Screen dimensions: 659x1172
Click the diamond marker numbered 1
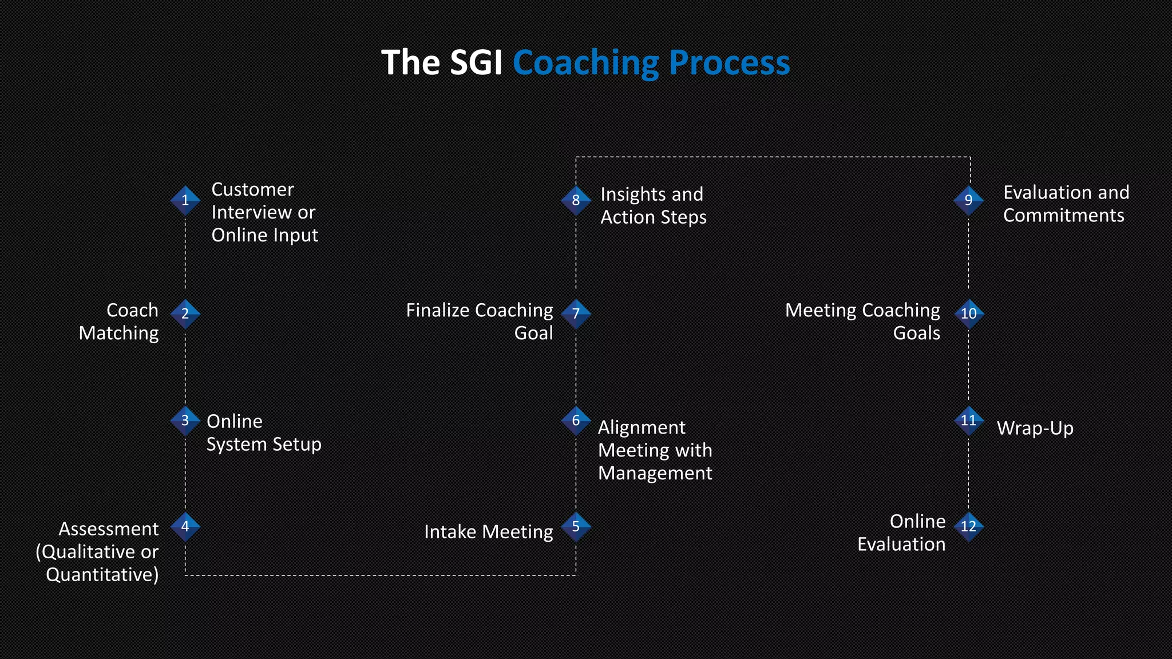pos(185,200)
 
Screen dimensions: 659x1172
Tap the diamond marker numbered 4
pos(185,526)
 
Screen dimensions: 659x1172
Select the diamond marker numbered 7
pos(576,313)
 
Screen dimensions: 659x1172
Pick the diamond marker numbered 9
pos(968,200)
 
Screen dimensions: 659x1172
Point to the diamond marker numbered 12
pos(968,526)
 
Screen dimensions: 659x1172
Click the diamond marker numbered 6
pos(576,420)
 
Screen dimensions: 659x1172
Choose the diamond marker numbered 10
pos(968,313)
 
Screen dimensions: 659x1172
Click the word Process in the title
pos(729,63)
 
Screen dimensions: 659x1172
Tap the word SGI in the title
pos(476,62)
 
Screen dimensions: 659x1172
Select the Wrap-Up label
pos(1035,428)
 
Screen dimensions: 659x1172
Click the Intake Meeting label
pos(488,532)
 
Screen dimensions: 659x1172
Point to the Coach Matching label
pos(119,321)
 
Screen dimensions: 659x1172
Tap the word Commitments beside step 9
pos(1063,216)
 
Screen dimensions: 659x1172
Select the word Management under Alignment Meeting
pos(655,473)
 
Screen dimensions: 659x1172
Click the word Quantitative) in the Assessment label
pos(102,574)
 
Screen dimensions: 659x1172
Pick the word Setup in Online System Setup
pos(296,444)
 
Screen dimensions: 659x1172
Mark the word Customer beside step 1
pos(252,189)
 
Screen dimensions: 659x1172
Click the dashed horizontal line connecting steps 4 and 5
pos(380,575)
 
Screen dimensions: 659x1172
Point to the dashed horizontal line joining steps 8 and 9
pos(773,157)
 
